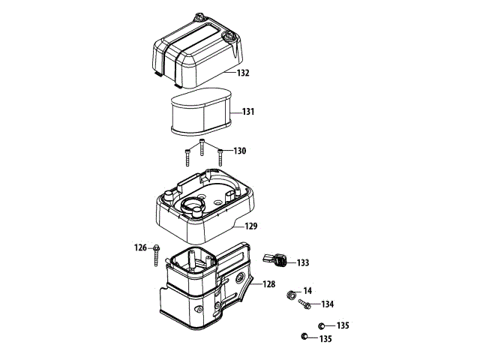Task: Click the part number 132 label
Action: tap(243, 73)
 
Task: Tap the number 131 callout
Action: tap(248, 112)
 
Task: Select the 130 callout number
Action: tap(239, 151)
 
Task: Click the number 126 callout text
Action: tap(141, 247)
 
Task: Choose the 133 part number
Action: tap(303, 263)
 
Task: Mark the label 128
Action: tap(268, 285)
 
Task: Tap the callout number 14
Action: tap(307, 290)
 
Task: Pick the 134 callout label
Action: tap(328, 304)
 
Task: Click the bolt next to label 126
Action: tap(156, 254)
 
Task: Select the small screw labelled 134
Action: tap(304, 304)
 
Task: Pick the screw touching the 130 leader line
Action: tap(220, 157)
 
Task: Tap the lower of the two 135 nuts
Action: tap(305, 336)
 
